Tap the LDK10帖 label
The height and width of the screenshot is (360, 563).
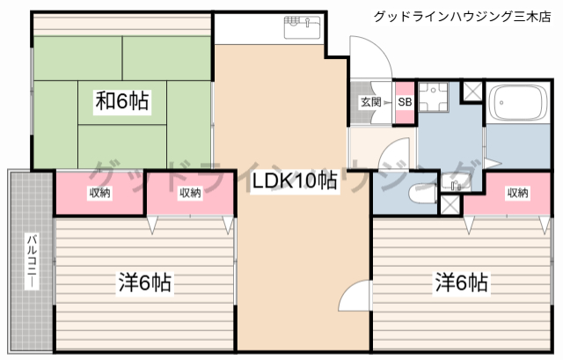coord(294,182)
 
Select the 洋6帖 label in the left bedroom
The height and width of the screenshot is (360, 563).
coord(144,283)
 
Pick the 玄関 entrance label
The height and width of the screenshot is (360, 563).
coord(370,102)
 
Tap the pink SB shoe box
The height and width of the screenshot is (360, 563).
coord(404,102)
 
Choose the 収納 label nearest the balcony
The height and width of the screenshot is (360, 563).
coord(99,193)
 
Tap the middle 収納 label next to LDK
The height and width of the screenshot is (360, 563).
coord(190,193)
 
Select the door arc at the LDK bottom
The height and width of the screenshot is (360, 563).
coord(353,299)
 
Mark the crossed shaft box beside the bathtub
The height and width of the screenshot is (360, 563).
coord(472,91)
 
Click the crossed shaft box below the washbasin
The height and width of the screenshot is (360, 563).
coord(450,205)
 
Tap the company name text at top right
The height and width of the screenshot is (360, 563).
coord(462,16)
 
